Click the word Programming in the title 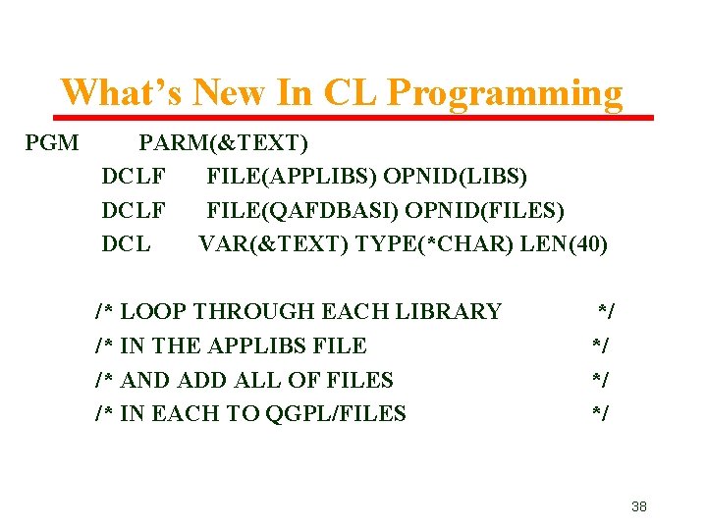click(505, 94)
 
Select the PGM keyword click(52, 143)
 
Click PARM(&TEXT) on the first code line click(224, 143)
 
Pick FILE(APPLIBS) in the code click(291, 177)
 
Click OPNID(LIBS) click(456, 177)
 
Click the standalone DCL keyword click(126, 243)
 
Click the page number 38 click(638, 506)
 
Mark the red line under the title click(353, 118)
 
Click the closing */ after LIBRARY click(607, 312)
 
